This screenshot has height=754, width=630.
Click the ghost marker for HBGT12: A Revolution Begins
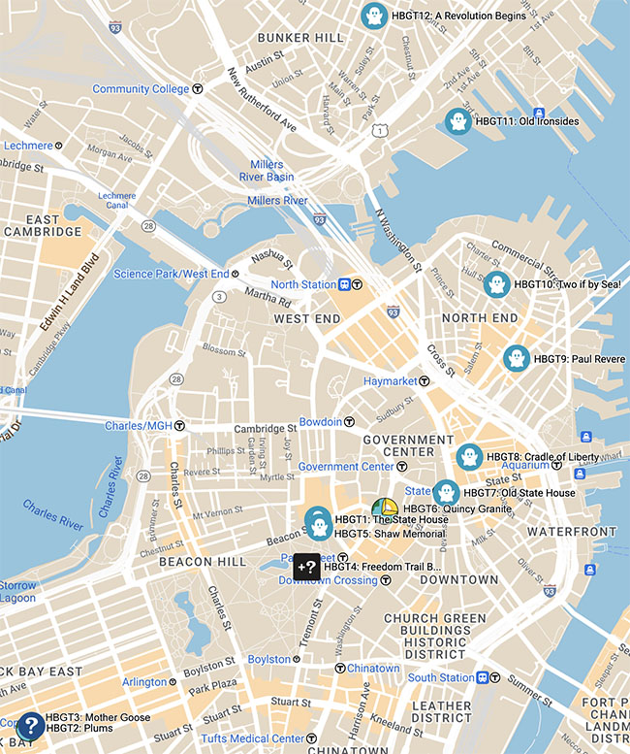pyautogui.click(x=373, y=16)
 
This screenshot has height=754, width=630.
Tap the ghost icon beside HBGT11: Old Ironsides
pyautogui.click(x=457, y=122)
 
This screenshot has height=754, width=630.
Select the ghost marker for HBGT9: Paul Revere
pyautogui.click(x=517, y=359)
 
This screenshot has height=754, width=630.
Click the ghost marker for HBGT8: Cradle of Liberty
pyautogui.click(x=469, y=457)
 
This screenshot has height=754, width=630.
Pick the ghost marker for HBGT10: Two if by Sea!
pyautogui.click(x=496, y=284)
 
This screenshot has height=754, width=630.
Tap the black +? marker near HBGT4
pyautogui.click(x=307, y=566)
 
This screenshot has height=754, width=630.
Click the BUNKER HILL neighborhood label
pyautogui.click(x=300, y=38)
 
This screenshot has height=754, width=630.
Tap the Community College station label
pyautogui.click(x=141, y=89)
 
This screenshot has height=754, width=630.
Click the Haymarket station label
pyautogui.click(x=390, y=381)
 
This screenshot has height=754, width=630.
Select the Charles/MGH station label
pyautogui.click(x=138, y=425)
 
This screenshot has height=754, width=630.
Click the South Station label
pyautogui.click(x=441, y=677)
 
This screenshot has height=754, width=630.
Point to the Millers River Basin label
pyautogui.click(x=267, y=171)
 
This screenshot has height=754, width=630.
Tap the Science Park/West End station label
pyautogui.click(x=171, y=274)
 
